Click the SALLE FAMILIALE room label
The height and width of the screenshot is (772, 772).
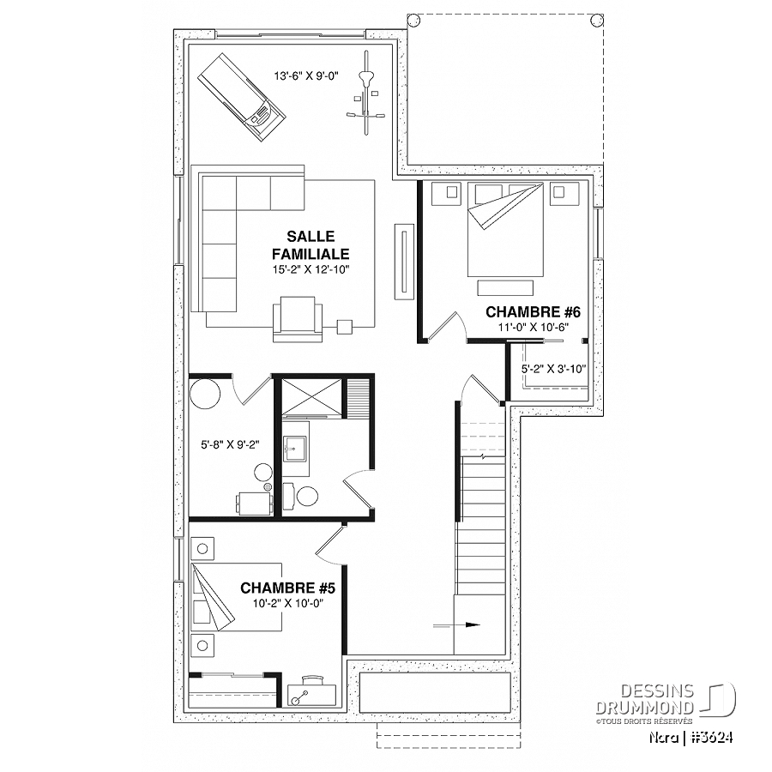311,245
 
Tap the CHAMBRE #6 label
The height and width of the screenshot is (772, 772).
534,312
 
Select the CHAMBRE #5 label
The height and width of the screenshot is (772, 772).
287,588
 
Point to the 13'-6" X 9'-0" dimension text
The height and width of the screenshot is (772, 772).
307,75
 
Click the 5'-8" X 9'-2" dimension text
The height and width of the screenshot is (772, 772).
230,444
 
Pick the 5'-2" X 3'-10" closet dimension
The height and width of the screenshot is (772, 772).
554,369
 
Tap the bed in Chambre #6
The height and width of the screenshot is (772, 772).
505,229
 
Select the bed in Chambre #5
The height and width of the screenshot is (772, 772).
237,597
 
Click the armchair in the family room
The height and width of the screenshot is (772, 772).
298,319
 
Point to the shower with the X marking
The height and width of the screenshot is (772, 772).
311,395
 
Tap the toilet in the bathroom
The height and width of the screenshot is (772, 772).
301,497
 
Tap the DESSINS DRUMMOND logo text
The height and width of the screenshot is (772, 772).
645,699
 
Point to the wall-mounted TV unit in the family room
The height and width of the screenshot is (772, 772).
404,261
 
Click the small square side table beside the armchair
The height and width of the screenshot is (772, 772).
345,327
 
